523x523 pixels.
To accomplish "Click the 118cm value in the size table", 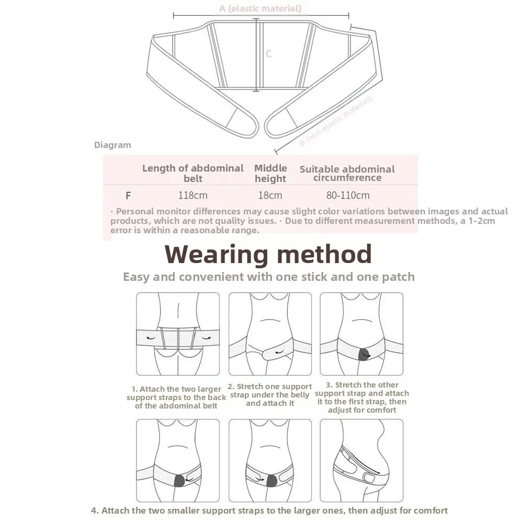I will pos(193,196).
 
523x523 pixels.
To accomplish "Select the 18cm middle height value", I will pos(270,196).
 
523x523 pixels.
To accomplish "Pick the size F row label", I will pos(128,196).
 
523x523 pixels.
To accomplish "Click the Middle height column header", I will pos(270,173).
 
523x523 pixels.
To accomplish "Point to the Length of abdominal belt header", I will pos(193,173).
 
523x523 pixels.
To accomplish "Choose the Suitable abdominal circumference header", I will pos(347,173).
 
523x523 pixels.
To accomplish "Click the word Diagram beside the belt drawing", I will pos(112,145).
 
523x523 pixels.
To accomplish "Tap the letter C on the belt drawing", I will pos(268,54).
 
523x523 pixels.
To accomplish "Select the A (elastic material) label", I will pos(260,8).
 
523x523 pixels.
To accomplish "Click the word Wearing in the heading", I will pos(217,255).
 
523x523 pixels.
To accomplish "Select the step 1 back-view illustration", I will pos(178,334).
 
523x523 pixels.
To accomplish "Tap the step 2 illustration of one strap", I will pos(270,334).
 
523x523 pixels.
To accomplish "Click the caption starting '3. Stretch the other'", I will pos(362,397).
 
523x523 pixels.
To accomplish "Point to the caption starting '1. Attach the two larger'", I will pos(176,397).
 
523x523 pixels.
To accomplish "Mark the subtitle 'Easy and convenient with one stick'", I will pos(268,277).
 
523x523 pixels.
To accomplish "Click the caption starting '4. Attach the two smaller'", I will pos(269,510).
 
